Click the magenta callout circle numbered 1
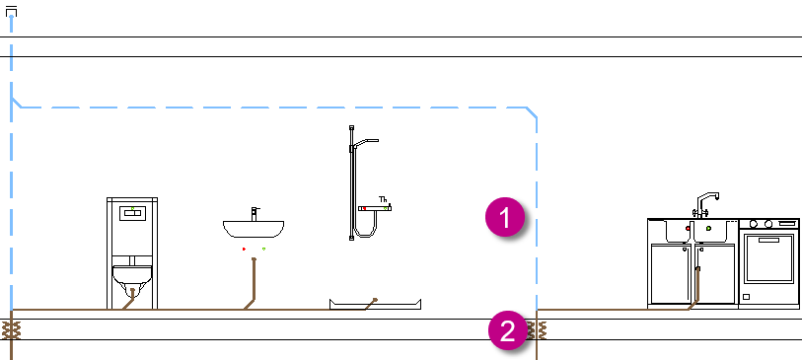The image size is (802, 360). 505,218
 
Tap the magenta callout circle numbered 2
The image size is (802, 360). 507,331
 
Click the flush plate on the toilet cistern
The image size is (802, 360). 132,213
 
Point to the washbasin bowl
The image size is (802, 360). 254,229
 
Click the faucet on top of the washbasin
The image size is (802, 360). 255,214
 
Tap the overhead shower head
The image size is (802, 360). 367,141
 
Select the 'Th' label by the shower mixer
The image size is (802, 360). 383,199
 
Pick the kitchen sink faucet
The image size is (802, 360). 706,204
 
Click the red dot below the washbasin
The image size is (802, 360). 244,249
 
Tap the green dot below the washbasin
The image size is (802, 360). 263,249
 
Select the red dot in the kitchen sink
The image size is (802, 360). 688,229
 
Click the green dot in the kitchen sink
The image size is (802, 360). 708,229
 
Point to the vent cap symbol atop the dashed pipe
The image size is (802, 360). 11,11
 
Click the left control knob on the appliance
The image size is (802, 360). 754,224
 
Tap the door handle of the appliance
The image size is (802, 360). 768,240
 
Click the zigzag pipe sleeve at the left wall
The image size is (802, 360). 11,329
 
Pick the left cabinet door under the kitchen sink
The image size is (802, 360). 671,274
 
